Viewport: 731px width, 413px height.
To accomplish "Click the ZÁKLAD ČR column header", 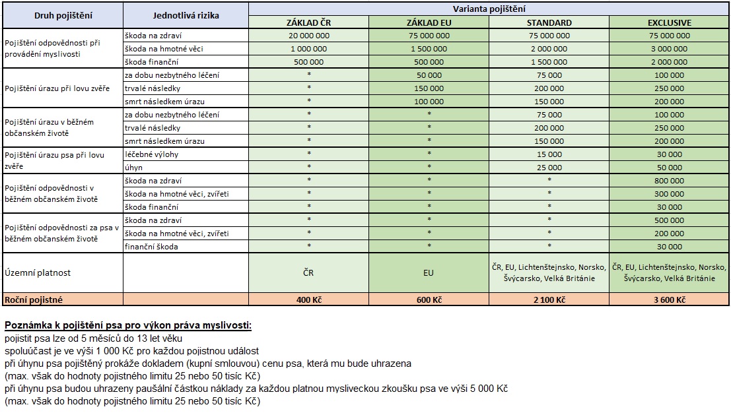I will [x=308, y=22].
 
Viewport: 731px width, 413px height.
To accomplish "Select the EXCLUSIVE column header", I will [x=669, y=22].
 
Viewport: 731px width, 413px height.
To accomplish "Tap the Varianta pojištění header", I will [x=489, y=9].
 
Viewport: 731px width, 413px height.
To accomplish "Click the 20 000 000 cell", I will [x=308, y=36].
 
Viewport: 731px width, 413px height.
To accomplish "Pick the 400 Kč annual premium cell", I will [x=308, y=300].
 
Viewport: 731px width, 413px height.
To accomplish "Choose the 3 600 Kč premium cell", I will [x=669, y=300].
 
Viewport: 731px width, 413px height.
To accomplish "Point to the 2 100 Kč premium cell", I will [x=549, y=300].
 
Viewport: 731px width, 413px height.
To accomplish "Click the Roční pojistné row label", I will [x=34, y=300].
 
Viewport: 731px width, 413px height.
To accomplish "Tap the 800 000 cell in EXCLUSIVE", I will [x=669, y=180].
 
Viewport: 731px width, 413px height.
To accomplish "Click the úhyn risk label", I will [x=134, y=168].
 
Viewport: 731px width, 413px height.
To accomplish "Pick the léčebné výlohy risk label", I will [x=151, y=154].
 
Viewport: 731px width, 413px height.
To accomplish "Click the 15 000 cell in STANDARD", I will [x=549, y=154].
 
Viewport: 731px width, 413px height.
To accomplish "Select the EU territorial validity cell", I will [x=429, y=272].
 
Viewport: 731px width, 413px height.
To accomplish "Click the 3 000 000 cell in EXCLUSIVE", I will [x=669, y=49].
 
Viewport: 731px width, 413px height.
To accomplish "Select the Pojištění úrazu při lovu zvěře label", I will [x=57, y=88].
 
